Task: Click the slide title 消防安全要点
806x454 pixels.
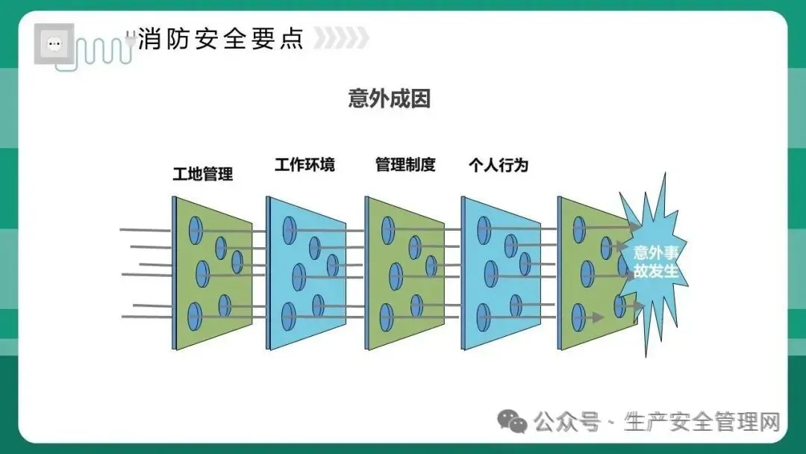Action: [221, 38]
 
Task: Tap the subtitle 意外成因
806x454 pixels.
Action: [389, 99]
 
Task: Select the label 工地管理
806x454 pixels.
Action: [203, 175]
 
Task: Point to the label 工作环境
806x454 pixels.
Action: [304, 165]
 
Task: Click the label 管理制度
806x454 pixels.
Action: [405, 165]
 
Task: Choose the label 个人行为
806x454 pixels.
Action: [499, 165]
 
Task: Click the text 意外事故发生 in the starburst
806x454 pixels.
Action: [655, 261]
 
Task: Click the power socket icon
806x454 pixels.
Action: [54, 43]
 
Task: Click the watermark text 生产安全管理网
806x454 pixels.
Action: [702, 422]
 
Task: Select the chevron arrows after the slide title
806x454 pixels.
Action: [341, 38]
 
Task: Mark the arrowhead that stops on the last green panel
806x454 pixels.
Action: [597, 317]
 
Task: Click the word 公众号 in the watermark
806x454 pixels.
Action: [567, 422]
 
